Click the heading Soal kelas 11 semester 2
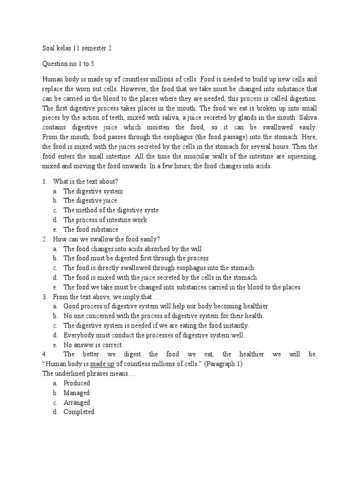click(77, 48)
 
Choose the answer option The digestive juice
click(90, 201)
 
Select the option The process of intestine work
click(105, 220)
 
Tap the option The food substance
click(90, 230)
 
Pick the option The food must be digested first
click(136, 258)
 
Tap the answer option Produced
click(77, 383)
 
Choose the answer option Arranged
click(77, 403)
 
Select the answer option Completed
click(79, 412)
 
